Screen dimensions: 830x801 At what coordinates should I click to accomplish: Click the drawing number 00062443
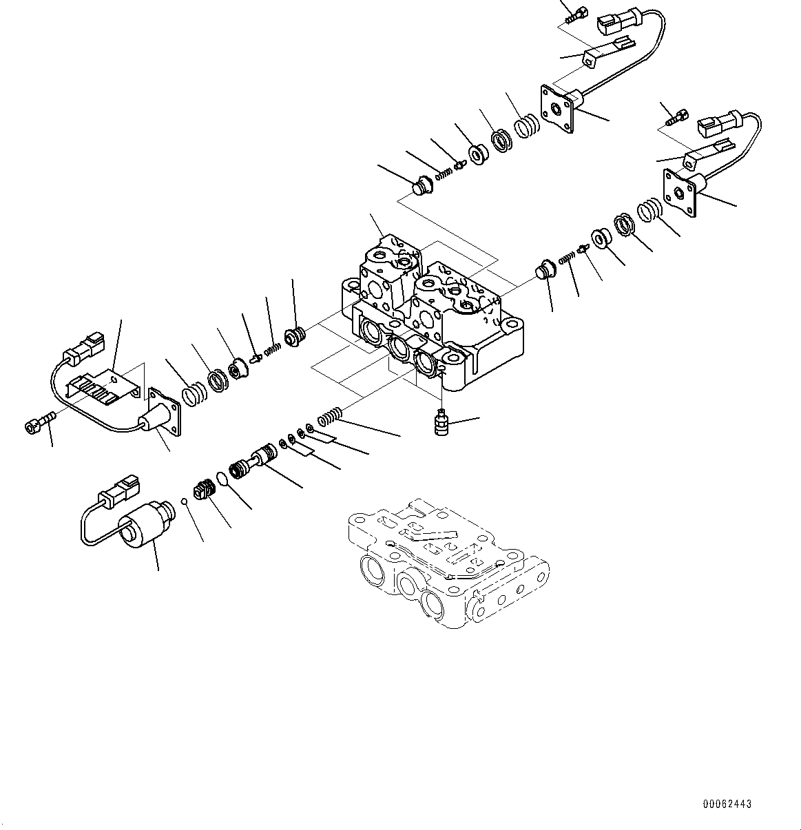point(727,804)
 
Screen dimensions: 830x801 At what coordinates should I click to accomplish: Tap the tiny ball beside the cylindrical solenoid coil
point(184,500)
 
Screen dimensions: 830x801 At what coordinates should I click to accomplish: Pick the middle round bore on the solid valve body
point(399,346)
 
